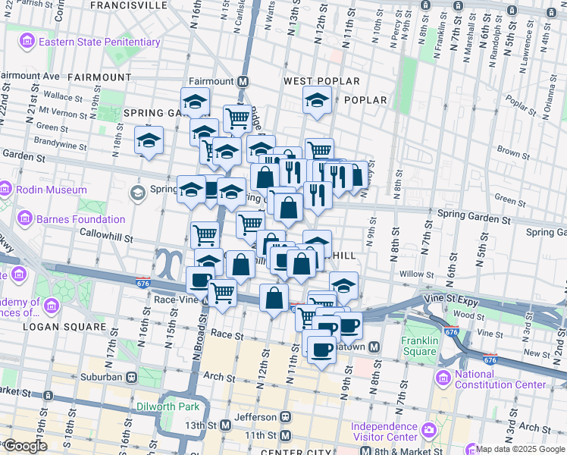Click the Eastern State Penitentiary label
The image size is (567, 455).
99,42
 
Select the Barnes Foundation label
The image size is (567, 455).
80,220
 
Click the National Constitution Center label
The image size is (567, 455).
500,378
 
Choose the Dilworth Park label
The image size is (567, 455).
168,406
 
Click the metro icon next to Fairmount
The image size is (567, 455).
243,81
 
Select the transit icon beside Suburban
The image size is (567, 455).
132,376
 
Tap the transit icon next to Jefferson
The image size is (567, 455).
286,417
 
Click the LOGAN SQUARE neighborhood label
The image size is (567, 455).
64,327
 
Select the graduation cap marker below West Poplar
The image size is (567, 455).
317,100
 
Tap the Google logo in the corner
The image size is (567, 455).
25,446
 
